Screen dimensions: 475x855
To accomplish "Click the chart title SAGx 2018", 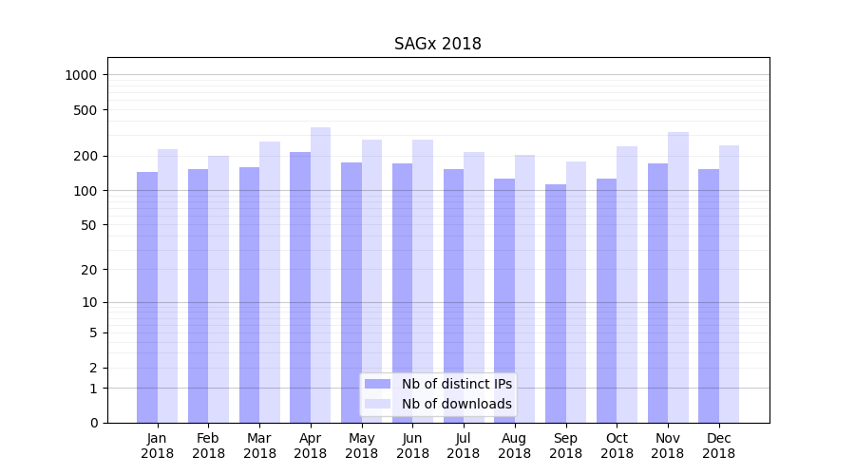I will pos(438,45).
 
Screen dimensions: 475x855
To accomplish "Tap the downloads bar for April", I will pos(320,275).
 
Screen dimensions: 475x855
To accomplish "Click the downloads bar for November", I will pos(677,277).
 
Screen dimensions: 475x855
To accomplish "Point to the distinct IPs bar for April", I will pos(300,287).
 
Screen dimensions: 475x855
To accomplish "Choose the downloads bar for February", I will pos(218,289).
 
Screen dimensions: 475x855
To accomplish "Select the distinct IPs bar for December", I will pos(709,295).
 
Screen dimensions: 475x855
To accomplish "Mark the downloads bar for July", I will pos(474,287).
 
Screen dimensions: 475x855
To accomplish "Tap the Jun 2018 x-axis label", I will pos(412,446).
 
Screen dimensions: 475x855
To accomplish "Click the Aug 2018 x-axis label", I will pos(515,446).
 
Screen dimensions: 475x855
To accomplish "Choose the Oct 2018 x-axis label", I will pos(617,446).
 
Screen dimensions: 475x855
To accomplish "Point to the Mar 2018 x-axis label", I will pos(259,446).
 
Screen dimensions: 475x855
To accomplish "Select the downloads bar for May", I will pos(371,281).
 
